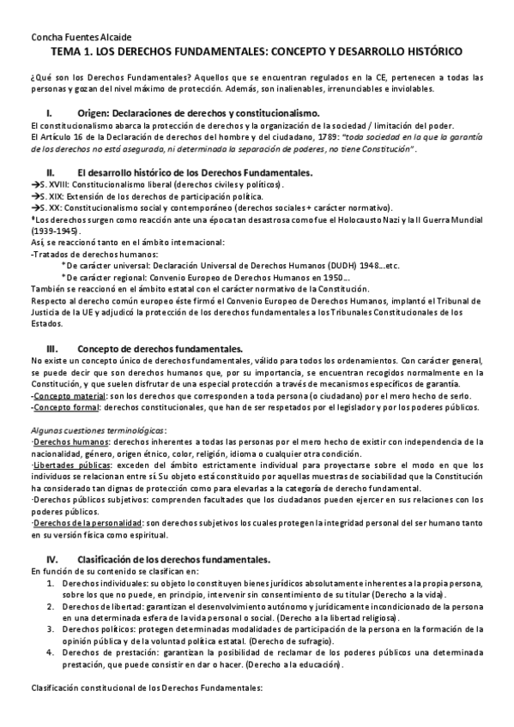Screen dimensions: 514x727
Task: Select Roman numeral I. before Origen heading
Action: tap(50, 113)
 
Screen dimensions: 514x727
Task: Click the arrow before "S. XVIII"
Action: tap(34, 184)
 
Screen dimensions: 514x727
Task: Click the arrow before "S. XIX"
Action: tap(34, 196)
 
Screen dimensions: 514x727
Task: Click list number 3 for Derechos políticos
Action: tap(51, 628)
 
